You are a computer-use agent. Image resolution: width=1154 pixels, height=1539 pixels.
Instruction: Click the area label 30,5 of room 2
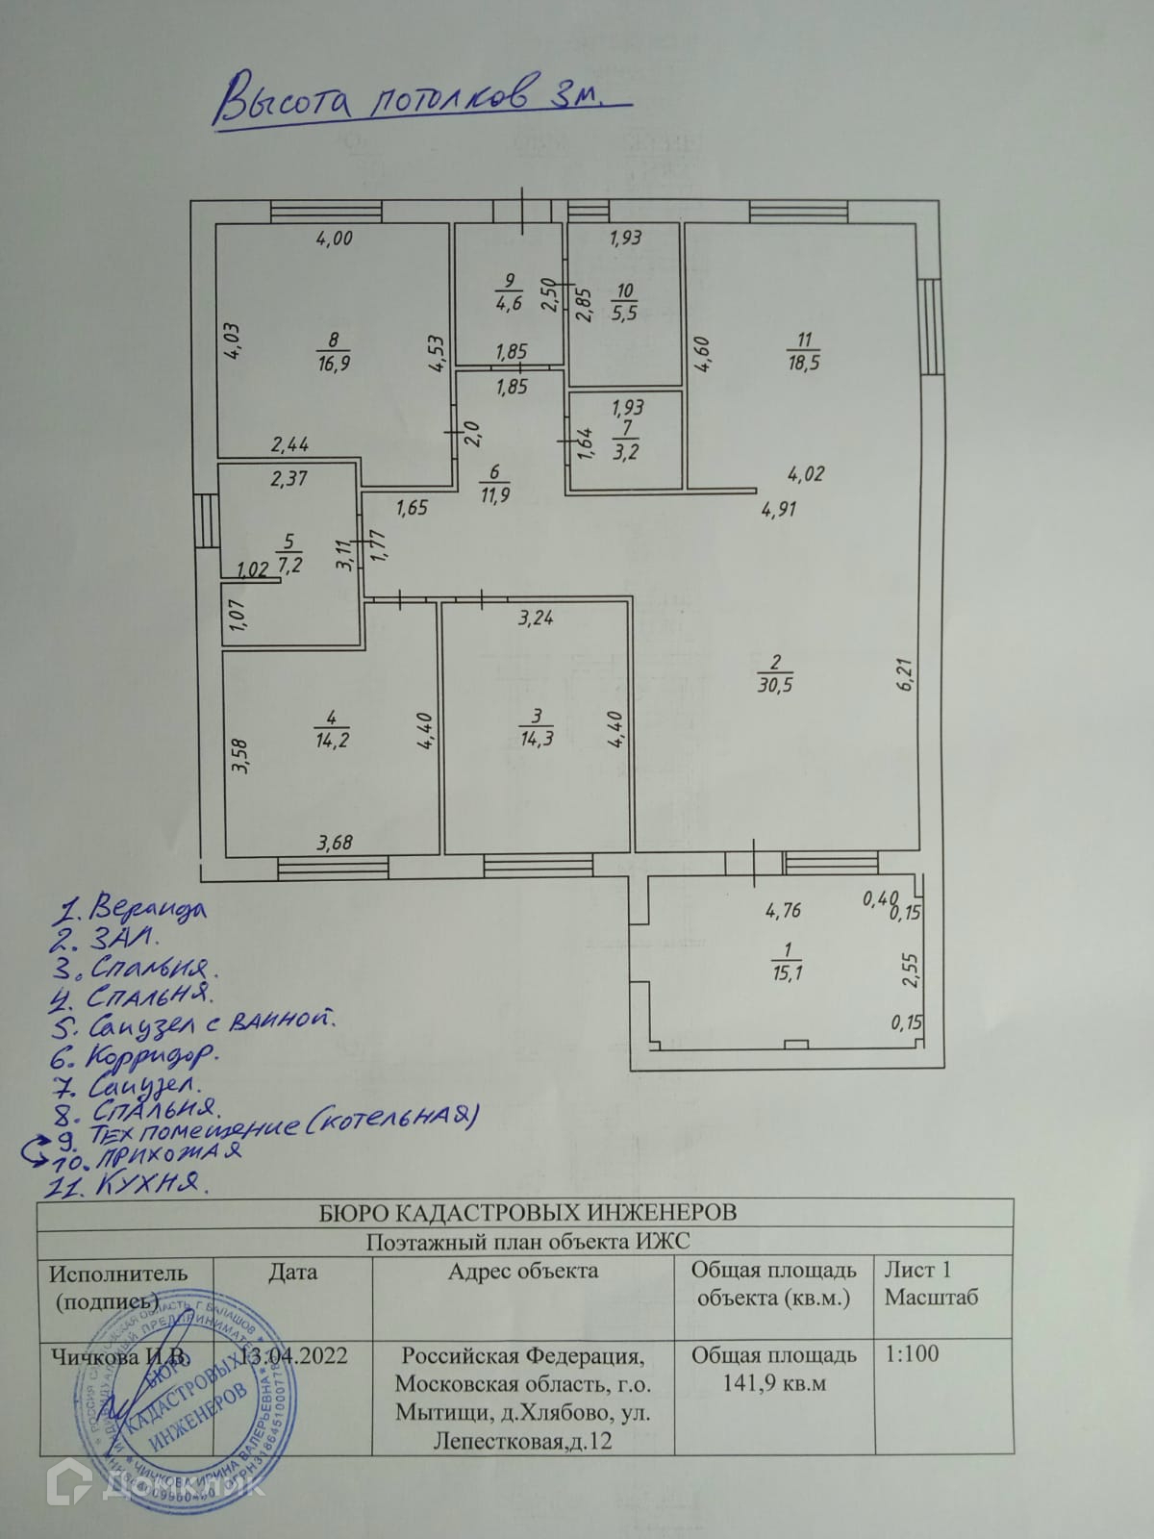pyautogui.click(x=775, y=686)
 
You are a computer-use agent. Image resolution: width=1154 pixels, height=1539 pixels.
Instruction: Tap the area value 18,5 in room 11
pyautogui.click(x=803, y=364)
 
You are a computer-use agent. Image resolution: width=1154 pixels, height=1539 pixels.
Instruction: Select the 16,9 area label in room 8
pyautogui.click(x=333, y=363)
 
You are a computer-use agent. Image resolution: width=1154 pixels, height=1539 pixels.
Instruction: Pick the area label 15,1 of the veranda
pyautogui.click(x=787, y=973)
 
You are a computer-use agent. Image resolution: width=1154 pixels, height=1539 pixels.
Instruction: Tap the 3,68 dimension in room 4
pyautogui.click(x=335, y=844)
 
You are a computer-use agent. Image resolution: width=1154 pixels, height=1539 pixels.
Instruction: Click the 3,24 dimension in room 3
pyautogui.click(x=536, y=618)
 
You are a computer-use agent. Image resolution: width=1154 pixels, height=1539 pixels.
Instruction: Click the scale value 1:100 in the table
pyautogui.click(x=913, y=1354)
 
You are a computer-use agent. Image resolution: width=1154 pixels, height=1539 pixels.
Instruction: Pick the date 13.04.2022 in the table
pyautogui.click(x=293, y=1355)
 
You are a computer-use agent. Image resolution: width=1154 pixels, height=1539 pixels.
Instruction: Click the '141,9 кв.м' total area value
pyautogui.click(x=774, y=1384)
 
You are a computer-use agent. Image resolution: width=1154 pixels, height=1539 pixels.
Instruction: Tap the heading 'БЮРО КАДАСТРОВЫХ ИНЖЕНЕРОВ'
pyautogui.click(x=528, y=1212)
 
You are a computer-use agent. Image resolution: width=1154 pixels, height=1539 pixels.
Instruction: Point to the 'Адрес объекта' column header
pyautogui.click(x=523, y=1272)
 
